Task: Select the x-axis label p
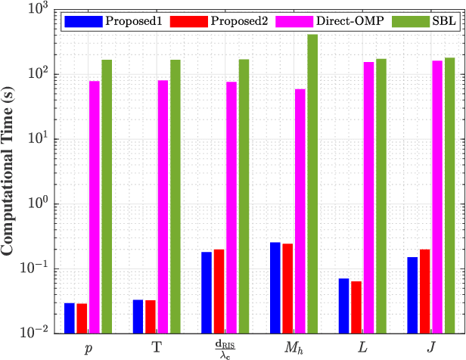point(88,346)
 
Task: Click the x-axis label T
point(157,346)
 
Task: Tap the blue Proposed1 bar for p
point(70,317)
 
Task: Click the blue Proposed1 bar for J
point(412,294)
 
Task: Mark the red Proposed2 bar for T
point(150,316)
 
